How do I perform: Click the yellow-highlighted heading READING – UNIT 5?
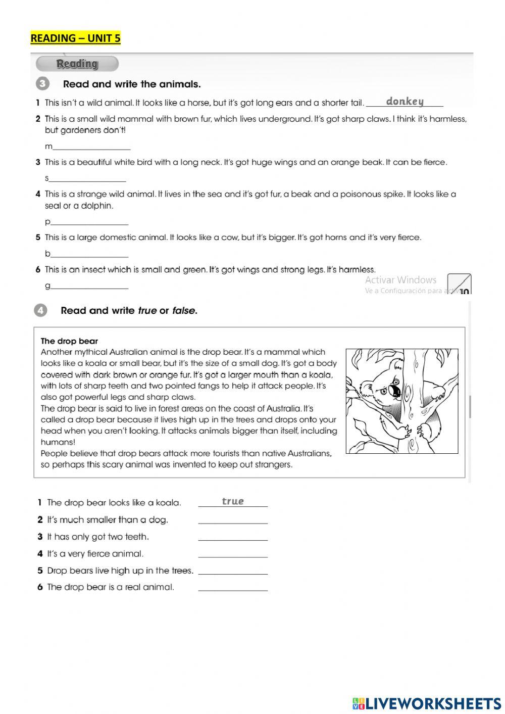point(75,38)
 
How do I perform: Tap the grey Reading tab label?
point(77,64)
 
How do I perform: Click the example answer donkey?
point(405,102)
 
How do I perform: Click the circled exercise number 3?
point(42,84)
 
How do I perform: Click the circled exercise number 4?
point(41,310)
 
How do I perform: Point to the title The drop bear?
point(69,341)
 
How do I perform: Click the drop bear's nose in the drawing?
point(395,391)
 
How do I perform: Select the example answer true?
point(233,501)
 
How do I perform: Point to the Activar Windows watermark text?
point(400,280)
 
